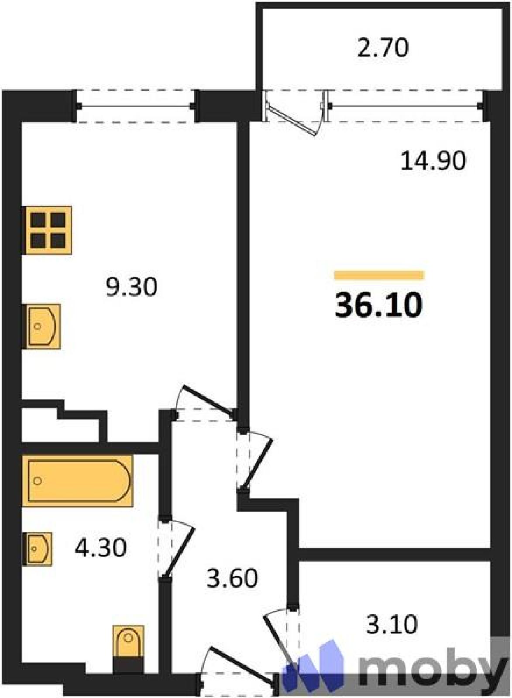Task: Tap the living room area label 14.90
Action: pos(433,161)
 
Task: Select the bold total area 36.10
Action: pos(378,306)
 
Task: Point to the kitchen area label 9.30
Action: pos(131,287)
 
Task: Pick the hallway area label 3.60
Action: pos(233,578)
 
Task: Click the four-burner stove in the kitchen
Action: pos(47,230)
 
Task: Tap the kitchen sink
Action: pos(41,327)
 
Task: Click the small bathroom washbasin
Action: pos(37,548)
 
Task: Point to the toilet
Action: pos(128,644)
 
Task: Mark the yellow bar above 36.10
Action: pos(379,275)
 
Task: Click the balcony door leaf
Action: pos(291,120)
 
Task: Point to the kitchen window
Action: pos(136,106)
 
